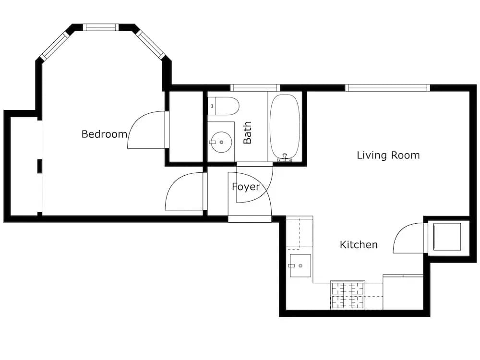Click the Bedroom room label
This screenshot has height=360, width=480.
click(104, 134)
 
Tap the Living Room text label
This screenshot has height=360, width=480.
click(388, 155)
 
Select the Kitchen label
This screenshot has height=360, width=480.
click(359, 245)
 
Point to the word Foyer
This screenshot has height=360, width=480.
click(246, 187)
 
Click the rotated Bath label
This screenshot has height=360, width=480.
click(247, 132)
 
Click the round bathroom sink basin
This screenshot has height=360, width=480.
click(221, 142)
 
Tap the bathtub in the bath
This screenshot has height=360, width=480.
click(285, 127)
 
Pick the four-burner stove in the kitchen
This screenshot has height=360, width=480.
click(348, 295)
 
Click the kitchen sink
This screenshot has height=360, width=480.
click(300, 266)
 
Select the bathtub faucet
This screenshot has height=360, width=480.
click(285, 157)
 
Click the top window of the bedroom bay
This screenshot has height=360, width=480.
click(101, 27)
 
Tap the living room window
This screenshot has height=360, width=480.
click(388, 88)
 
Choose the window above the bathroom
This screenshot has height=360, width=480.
click(255, 88)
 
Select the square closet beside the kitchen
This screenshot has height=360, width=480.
click(447, 237)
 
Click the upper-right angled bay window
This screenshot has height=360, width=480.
click(151, 44)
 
